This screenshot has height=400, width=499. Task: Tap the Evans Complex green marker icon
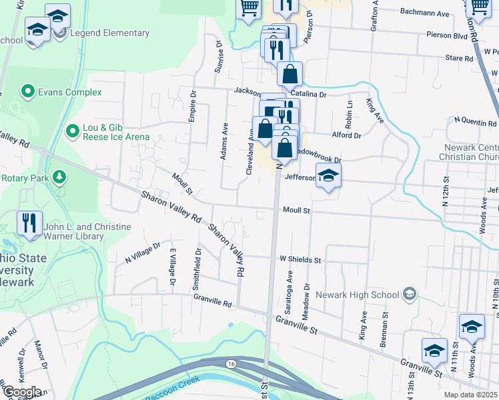pyautogui.click(x=28, y=90)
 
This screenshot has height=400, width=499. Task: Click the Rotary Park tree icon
pyautogui.click(x=60, y=177)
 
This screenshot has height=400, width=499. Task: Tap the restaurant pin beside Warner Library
pyautogui.click(x=29, y=223)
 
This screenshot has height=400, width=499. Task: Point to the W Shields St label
pyautogui.click(x=300, y=259)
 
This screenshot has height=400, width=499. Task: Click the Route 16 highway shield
pyautogui.click(x=231, y=365)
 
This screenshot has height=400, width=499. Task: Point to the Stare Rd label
pyautogui.click(x=459, y=59)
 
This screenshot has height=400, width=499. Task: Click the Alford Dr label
pyautogui.click(x=346, y=135)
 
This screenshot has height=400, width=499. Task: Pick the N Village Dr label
pyautogui.click(x=143, y=253)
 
